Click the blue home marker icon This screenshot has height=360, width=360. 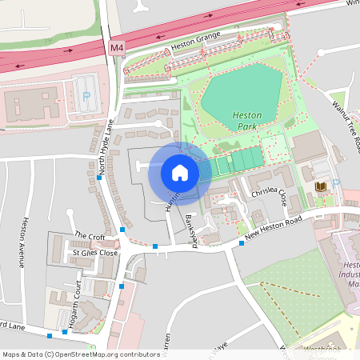179,172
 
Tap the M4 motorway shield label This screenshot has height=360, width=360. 117,49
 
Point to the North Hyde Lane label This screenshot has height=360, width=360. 103,145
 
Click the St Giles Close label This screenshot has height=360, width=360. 95,253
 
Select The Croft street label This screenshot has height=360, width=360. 89,236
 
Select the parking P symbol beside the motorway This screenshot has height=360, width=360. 86,96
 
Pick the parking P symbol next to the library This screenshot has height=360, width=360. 336,183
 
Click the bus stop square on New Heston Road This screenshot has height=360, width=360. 242,242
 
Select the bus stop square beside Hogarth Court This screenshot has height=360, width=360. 122,286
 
